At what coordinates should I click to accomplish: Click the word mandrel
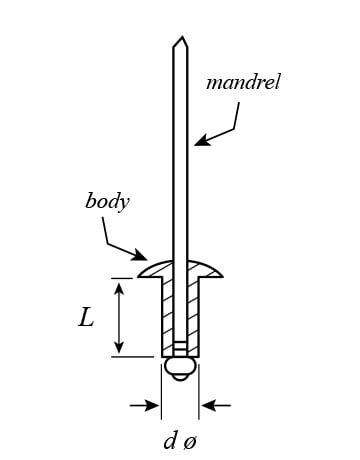tap(243, 82)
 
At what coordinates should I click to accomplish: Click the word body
tap(107, 202)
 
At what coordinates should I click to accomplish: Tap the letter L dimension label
tap(86, 317)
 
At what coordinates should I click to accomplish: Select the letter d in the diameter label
tap(170, 441)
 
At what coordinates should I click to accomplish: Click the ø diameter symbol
tap(190, 443)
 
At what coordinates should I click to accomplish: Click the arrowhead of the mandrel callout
tap(201, 141)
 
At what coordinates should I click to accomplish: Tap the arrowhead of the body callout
tap(139, 255)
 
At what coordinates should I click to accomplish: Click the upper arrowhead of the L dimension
tap(119, 288)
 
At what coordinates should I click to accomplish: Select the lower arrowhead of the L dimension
tap(119, 347)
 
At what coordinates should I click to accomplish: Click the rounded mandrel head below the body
tap(180, 368)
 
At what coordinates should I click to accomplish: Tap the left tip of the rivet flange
tap(138, 276)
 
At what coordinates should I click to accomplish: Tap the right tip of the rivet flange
tap(223, 276)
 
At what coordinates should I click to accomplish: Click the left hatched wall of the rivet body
tap(168, 317)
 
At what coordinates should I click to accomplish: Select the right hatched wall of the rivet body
tap(193, 317)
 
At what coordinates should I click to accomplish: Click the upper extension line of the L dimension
tap(121, 278)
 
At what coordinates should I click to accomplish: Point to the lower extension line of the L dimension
tap(133, 357)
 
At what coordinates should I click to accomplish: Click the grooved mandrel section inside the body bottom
tap(180, 349)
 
